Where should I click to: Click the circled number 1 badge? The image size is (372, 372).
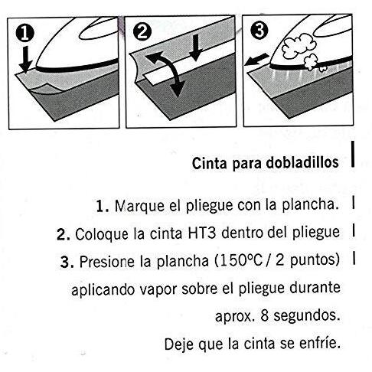[24, 34]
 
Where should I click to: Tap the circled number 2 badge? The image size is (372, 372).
[142, 32]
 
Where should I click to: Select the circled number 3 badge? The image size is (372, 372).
[259, 31]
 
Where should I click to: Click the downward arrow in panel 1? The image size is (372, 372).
[26, 60]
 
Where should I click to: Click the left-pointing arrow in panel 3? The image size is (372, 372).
[256, 60]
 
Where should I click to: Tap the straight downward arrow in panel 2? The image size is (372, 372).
[196, 47]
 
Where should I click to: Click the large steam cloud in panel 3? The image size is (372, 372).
[299, 46]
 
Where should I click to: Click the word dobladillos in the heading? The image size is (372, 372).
[302, 162]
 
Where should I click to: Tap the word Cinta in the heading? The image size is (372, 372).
[209, 163]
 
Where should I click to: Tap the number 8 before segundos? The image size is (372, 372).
[265, 315]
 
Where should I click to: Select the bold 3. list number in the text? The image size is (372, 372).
[67, 262]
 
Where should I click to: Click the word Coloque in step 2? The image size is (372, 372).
[102, 234]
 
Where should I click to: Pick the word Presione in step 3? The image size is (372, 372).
[107, 262]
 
